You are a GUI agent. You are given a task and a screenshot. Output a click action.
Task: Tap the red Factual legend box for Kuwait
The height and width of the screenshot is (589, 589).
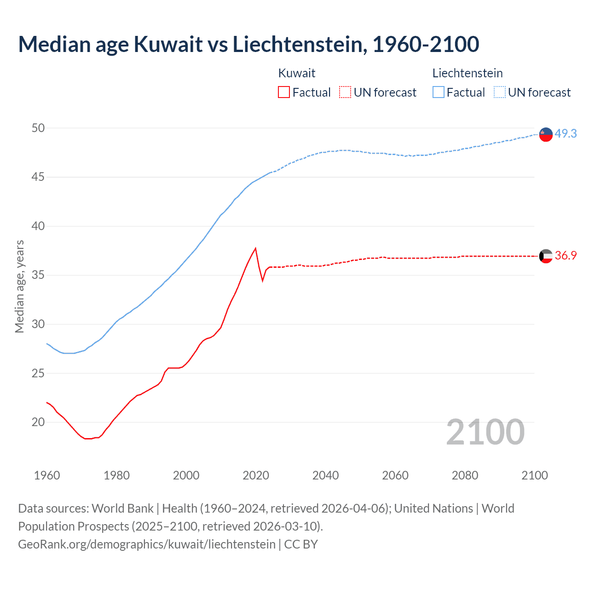point(284,92)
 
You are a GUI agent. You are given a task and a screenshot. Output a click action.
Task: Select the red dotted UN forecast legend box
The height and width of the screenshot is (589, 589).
point(345,92)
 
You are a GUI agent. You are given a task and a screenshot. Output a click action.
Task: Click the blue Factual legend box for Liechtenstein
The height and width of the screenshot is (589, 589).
point(439,92)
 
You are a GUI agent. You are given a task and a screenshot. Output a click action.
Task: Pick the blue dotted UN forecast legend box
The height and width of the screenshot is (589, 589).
point(500,92)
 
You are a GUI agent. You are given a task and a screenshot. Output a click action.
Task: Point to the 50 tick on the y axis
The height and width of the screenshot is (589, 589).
point(38,128)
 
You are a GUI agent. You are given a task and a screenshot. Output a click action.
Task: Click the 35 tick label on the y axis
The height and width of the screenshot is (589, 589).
point(38,275)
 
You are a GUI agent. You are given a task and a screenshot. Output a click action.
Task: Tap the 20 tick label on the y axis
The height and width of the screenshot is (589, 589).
point(38,422)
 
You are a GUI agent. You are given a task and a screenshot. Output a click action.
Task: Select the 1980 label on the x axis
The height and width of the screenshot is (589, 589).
point(116,475)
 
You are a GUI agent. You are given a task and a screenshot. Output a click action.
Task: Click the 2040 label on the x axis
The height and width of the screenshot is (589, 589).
point(325,475)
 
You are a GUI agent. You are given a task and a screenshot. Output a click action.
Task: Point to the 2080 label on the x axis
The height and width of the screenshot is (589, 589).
point(465,475)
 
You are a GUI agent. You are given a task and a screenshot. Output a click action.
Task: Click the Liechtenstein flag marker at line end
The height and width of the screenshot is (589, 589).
point(546,134)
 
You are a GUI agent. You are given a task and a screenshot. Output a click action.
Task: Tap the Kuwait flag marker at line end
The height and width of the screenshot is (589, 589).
point(546,256)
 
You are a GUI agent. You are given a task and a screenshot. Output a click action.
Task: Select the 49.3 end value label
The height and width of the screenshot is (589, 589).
point(566,133)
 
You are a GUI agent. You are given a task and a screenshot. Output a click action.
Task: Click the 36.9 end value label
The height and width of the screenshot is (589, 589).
point(566,255)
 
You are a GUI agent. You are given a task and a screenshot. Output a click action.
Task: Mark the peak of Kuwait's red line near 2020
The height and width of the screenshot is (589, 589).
point(255,248)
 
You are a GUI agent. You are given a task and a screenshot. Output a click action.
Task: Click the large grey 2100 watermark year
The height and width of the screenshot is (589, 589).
point(485,432)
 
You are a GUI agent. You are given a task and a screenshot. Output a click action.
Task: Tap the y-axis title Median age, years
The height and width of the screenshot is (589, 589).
point(19,286)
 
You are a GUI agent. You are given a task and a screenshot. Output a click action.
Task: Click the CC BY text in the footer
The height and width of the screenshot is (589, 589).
point(301,544)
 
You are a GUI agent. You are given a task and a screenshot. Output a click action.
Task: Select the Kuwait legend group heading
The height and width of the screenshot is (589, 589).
point(297,73)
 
